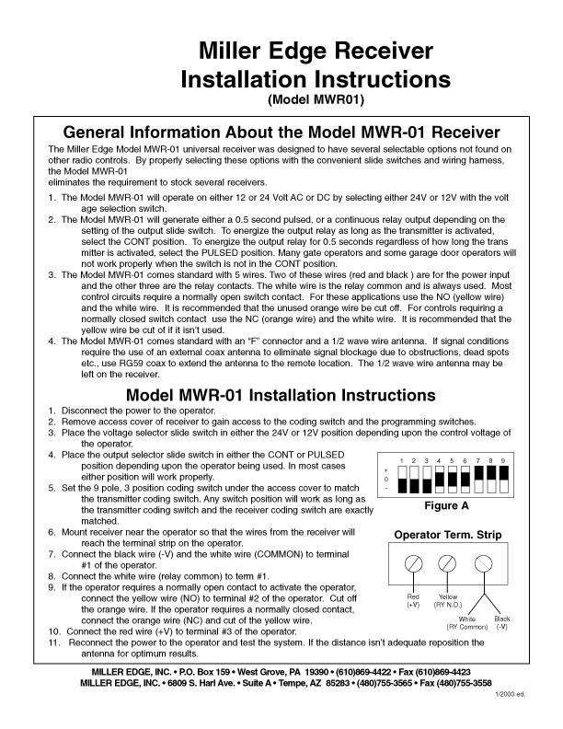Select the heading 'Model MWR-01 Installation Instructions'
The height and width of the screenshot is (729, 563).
(x=281, y=395)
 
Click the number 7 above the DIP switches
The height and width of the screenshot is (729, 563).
(x=478, y=459)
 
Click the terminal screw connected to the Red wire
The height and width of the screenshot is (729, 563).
(x=414, y=563)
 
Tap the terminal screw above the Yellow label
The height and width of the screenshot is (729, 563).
(x=449, y=563)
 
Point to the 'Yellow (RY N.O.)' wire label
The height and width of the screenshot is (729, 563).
(x=449, y=600)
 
